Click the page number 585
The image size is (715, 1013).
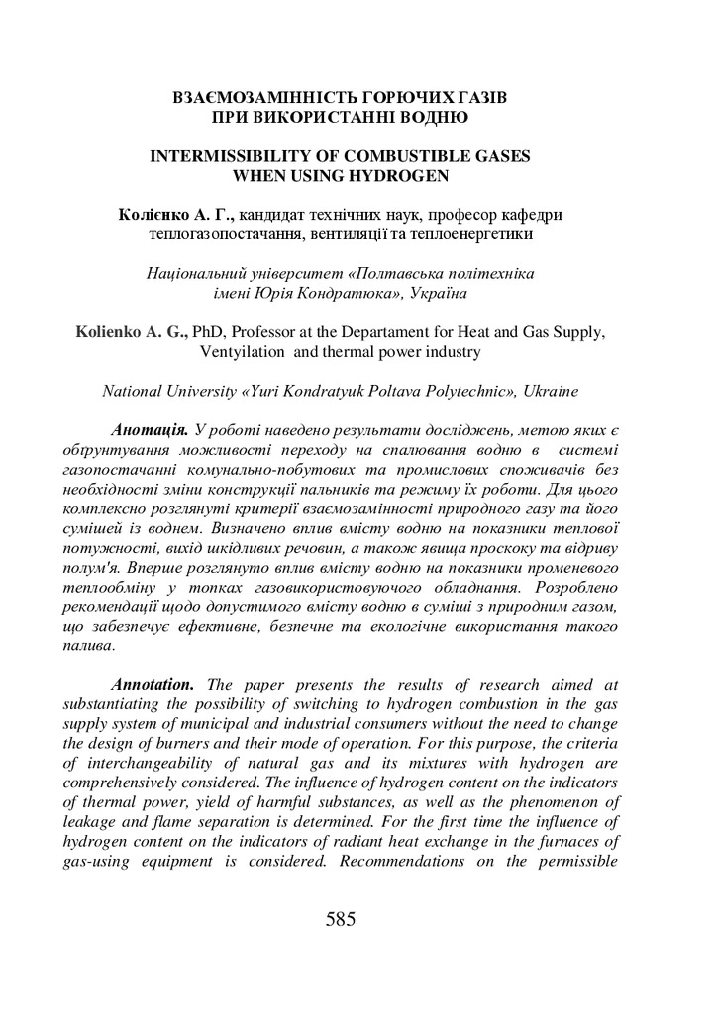click(x=340, y=919)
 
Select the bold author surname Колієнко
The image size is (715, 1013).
click(x=153, y=215)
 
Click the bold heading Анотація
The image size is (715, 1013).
click(x=151, y=430)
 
